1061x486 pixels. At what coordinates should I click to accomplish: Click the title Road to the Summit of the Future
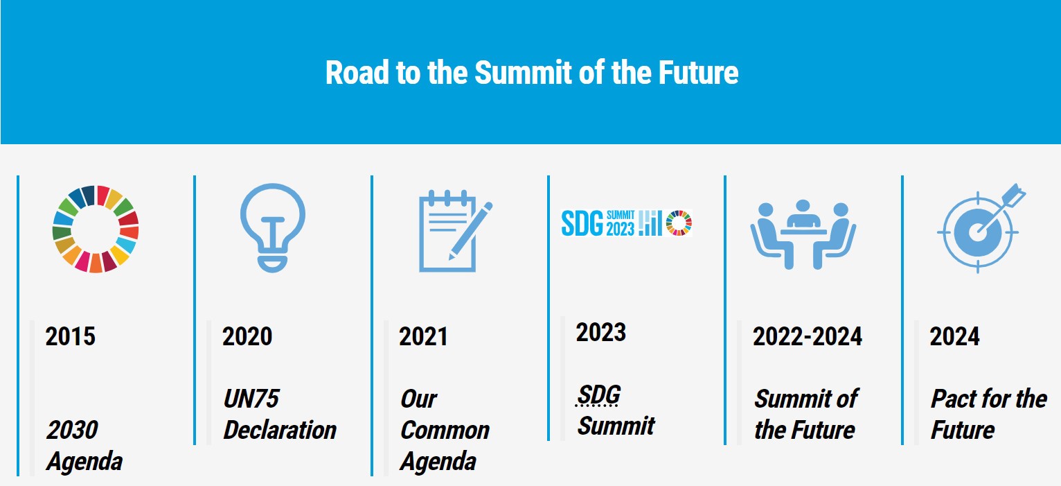tap(531, 73)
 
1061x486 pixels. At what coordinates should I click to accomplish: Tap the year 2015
tap(70, 336)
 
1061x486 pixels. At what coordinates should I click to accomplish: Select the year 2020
tap(247, 336)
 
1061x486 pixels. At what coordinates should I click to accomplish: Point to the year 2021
tap(423, 336)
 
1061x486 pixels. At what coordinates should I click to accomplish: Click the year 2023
tap(600, 332)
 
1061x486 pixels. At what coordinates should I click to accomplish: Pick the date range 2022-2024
tap(807, 336)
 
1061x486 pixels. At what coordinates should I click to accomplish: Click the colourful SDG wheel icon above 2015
tap(95, 229)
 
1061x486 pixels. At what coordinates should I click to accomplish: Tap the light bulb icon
tap(272, 227)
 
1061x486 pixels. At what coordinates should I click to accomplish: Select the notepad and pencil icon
tap(455, 231)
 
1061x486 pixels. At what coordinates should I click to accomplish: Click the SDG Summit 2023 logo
tap(626, 223)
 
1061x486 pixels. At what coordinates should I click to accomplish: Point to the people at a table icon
tap(803, 235)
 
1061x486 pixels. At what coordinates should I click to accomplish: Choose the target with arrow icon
tap(981, 227)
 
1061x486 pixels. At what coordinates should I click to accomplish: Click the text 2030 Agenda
tap(84, 445)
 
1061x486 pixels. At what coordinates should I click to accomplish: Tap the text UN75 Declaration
tap(280, 414)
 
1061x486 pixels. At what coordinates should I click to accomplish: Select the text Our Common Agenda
tap(445, 430)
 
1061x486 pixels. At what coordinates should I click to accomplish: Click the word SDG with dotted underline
tap(598, 394)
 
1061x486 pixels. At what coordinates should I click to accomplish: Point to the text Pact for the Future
tap(988, 414)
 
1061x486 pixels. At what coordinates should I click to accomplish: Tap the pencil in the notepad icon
tap(471, 231)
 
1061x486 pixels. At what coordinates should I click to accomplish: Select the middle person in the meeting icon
tap(803, 214)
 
